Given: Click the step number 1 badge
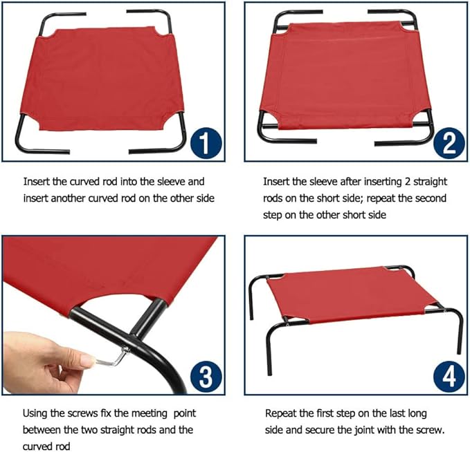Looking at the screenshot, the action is (206, 143).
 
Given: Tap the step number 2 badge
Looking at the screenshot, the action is (449, 143).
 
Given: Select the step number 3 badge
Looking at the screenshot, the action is (206, 377).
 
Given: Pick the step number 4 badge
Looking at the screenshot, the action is (449, 377).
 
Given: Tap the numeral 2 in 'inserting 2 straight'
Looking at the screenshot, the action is (407, 182).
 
